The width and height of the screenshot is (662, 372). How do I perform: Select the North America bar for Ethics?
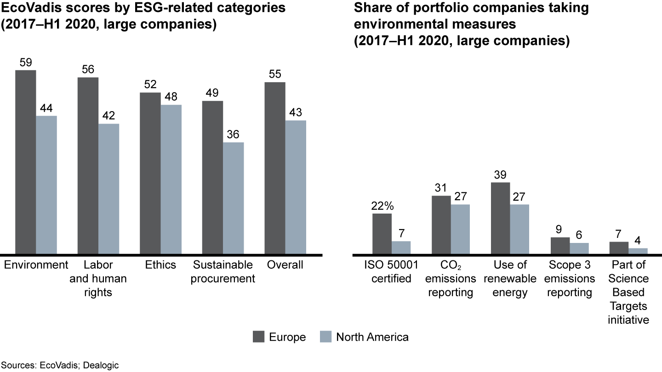[171, 180]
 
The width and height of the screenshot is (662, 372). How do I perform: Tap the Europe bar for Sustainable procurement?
[212, 177]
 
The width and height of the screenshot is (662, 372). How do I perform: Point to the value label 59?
[25, 62]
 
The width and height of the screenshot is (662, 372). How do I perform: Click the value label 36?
[233, 135]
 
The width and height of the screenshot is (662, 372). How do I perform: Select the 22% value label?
[382, 206]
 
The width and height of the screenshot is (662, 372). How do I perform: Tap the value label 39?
[501, 175]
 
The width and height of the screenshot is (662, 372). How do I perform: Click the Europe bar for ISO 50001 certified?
[382, 234]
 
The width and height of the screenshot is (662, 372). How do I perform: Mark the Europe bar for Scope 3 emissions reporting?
[560, 246]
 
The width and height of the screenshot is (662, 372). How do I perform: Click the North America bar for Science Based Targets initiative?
[638, 251]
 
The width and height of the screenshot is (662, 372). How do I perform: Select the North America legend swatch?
[325, 337]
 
